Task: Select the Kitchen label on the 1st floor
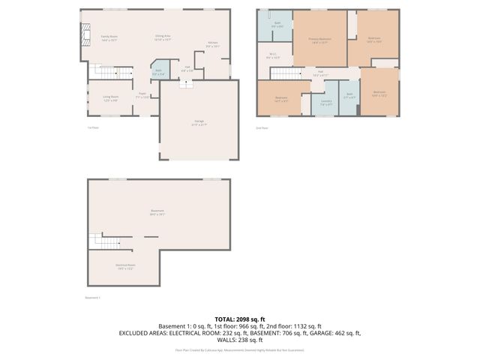point(212,44)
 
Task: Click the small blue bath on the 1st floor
point(158,72)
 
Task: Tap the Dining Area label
point(163,37)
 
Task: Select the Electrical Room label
point(124,266)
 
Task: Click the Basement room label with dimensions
point(157,212)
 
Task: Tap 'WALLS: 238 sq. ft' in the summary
point(240,338)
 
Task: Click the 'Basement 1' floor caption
point(93,298)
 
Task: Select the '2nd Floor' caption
point(262,127)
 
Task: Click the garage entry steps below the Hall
point(184,85)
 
